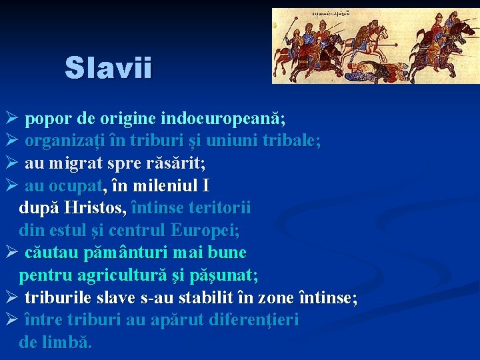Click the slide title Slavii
tap(109, 67)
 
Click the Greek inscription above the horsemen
tap(341, 13)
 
